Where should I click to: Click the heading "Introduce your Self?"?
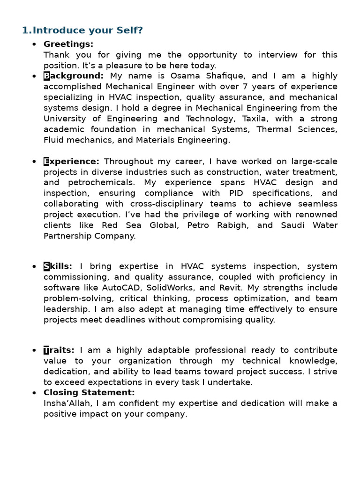click(x=87, y=30)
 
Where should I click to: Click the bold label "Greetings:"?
click(x=68, y=44)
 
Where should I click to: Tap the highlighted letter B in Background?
click(x=47, y=76)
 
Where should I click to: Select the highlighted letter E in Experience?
click(x=46, y=162)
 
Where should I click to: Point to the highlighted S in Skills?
click(x=46, y=267)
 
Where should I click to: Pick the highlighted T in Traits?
click(x=46, y=350)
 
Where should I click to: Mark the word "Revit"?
click(x=232, y=288)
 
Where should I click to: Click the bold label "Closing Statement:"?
click(x=89, y=393)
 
